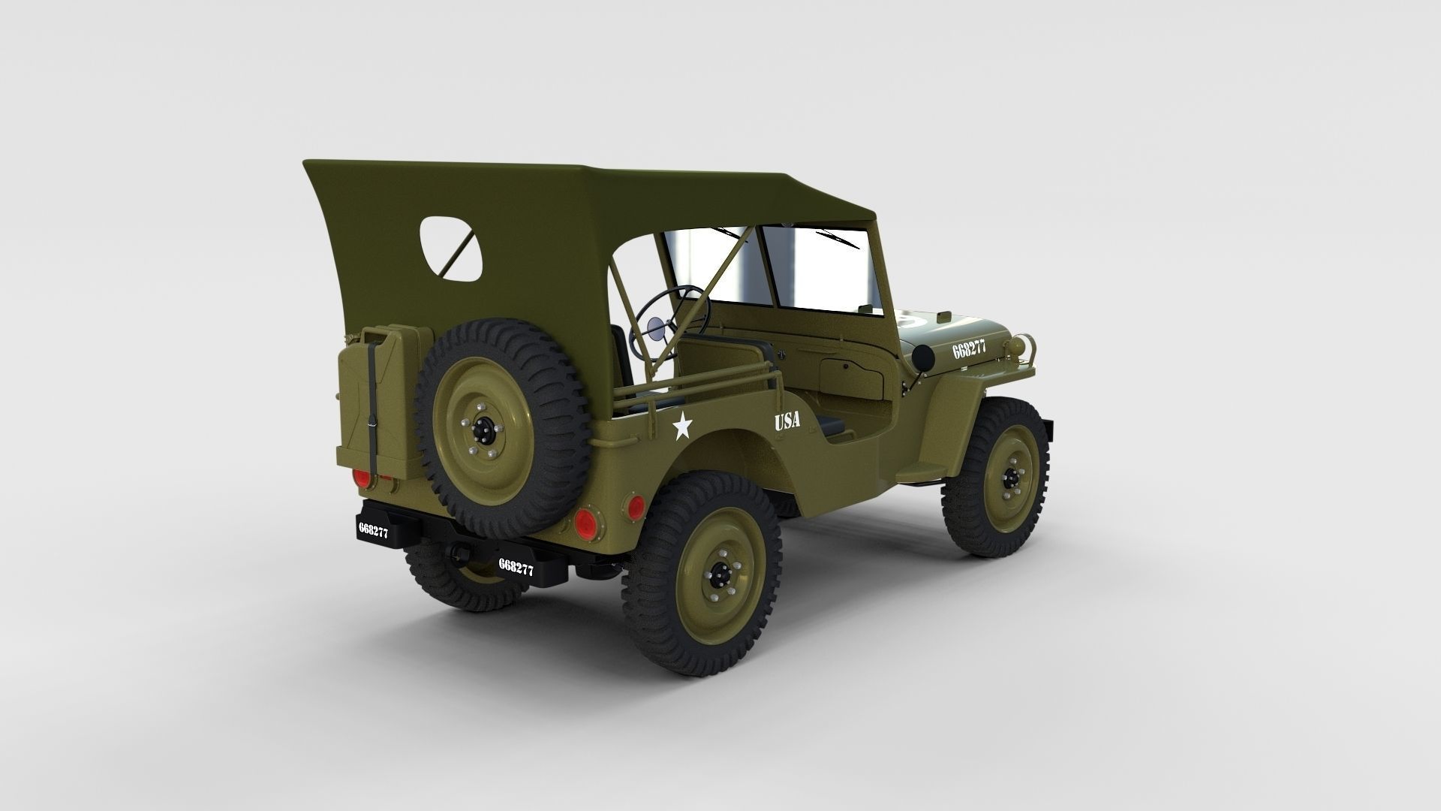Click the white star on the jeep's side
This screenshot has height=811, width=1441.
coord(681,427)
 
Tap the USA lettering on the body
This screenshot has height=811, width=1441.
coord(787,421)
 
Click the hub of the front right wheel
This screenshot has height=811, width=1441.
coord(1011,477)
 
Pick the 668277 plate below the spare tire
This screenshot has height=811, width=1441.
coord(516,567)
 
